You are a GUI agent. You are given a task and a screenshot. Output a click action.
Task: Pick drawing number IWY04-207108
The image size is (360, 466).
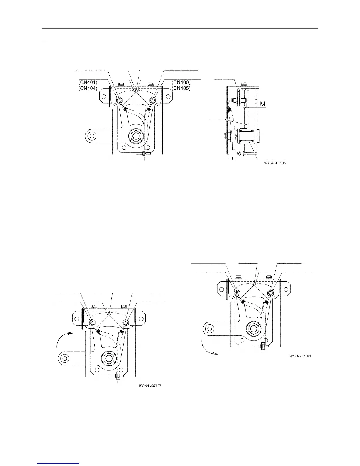tap(300, 356)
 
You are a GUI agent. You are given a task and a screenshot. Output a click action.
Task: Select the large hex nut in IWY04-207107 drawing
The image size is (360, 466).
tap(109, 358)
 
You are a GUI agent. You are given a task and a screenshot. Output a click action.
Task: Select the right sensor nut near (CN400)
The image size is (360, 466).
tap(153, 100)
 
